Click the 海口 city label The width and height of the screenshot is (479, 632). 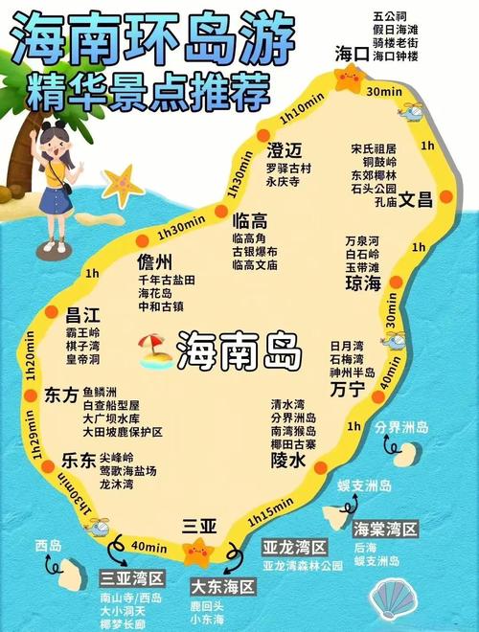[x=352, y=54]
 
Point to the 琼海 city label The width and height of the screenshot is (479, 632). [x=362, y=284]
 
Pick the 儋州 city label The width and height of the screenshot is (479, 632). [x=154, y=261]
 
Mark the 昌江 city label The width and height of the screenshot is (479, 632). [x=83, y=314]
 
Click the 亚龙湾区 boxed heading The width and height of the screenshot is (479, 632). [x=295, y=547]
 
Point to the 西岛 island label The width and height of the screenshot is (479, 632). [x=48, y=546]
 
